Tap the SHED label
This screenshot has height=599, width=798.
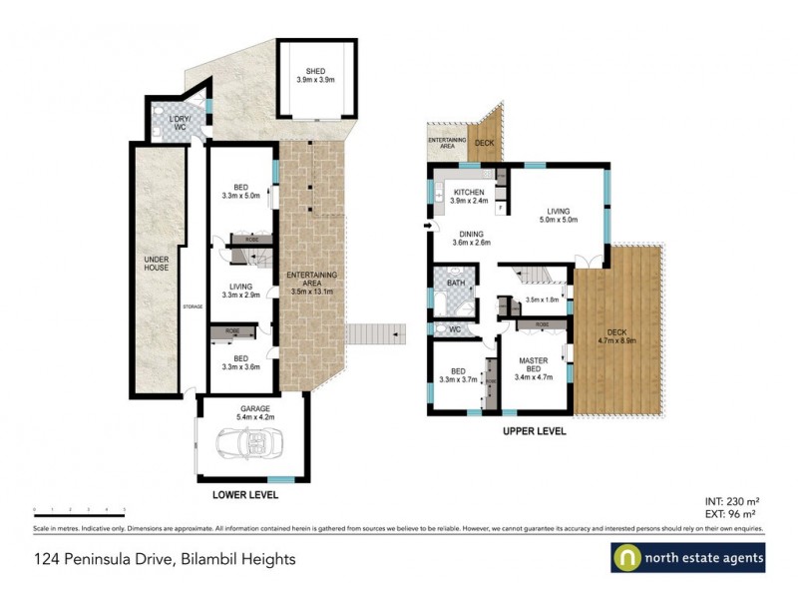click(316, 75)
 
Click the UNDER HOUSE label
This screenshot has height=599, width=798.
click(157, 270)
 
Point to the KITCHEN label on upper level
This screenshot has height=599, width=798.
click(469, 197)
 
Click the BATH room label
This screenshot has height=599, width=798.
click(456, 284)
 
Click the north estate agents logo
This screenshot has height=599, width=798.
click(687, 558)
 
